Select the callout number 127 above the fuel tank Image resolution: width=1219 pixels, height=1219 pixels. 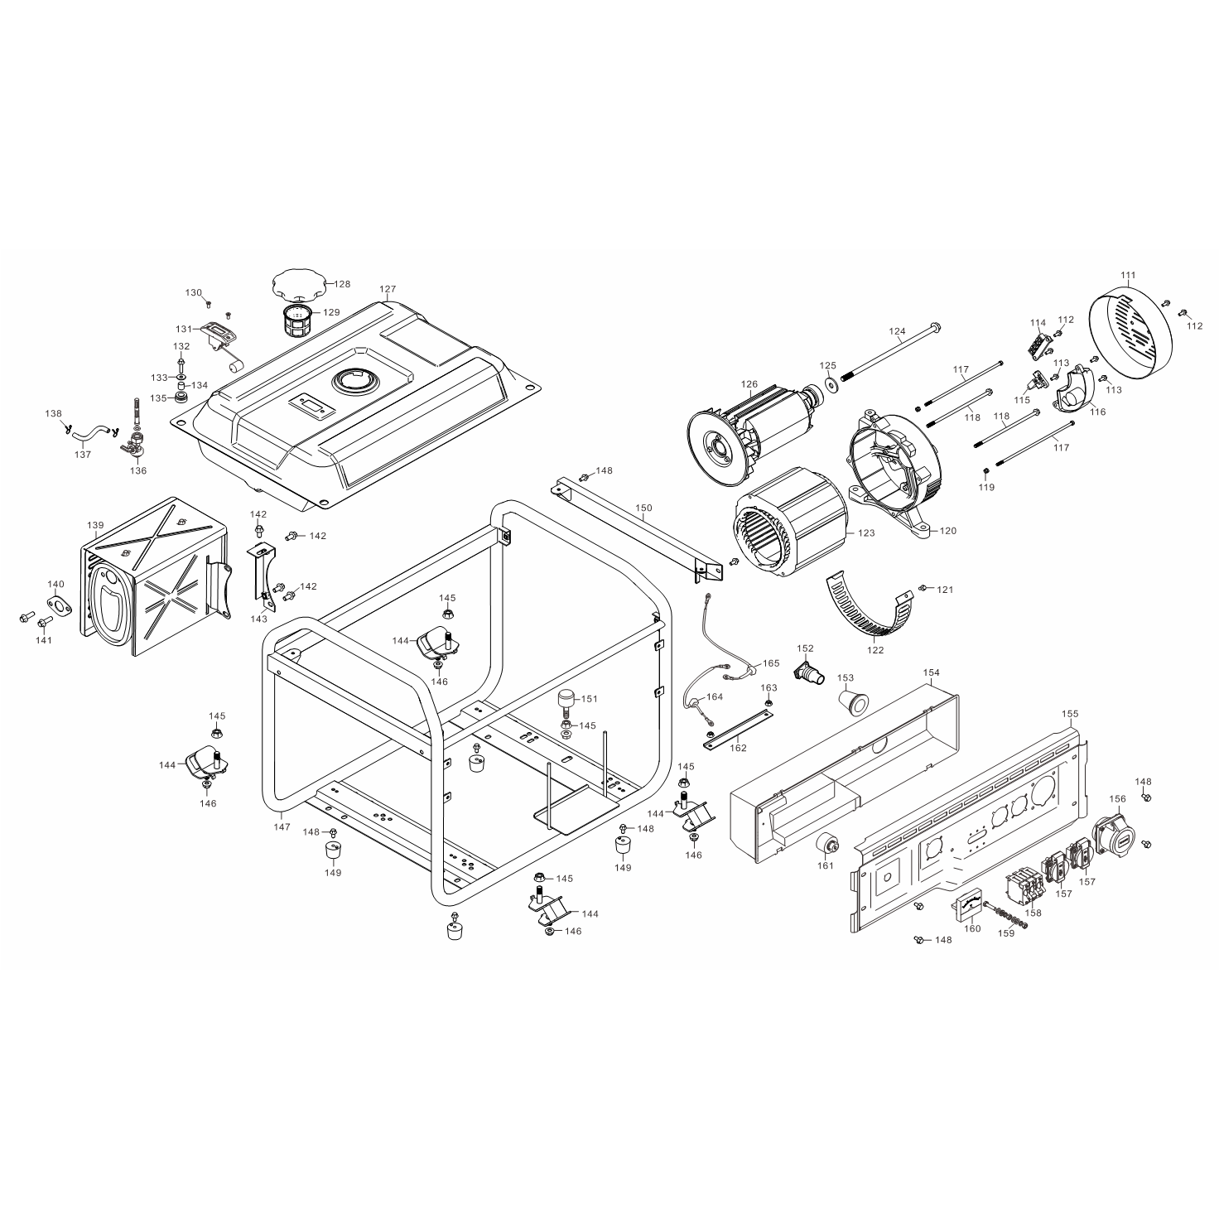(x=388, y=289)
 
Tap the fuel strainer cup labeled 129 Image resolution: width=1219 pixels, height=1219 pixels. (x=296, y=320)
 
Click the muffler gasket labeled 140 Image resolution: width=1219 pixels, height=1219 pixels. (x=60, y=605)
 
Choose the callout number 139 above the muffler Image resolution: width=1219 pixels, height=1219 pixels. (x=95, y=525)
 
